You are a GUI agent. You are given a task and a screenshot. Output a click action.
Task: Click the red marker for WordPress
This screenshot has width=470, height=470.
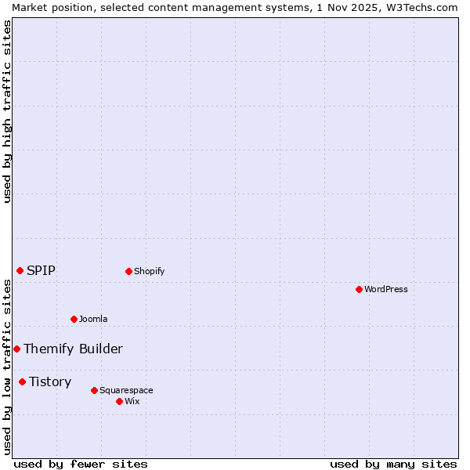pyautogui.click(x=359, y=289)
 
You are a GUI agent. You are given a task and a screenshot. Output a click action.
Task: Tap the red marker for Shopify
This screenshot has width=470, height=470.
pyautogui.click(x=128, y=271)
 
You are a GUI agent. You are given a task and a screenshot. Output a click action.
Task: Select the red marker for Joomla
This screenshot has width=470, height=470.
pyautogui.click(x=74, y=319)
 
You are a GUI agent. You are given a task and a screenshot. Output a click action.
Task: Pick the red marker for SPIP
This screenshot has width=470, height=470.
pyautogui.click(x=20, y=270)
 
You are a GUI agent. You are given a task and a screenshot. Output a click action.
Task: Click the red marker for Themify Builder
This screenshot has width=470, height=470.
pyautogui.click(x=16, y=349)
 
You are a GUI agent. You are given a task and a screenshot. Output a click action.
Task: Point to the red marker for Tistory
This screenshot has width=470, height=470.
pyautogui.click(x=22, y=381)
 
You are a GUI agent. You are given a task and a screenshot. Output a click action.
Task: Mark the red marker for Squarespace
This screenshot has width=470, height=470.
pyautogui.click(x=94, y=390)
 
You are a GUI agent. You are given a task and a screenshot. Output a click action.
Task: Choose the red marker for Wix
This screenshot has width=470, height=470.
pyautogui.click(x=119, y=401)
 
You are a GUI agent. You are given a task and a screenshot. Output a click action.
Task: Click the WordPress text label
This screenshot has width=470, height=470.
pyautogui.click(x=386, y=289)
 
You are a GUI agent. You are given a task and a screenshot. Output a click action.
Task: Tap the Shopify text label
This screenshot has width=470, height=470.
pyautogui.click(x=150, y=271)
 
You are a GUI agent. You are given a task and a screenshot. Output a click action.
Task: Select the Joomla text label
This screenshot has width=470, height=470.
pyautogui.click(x=93, y=319)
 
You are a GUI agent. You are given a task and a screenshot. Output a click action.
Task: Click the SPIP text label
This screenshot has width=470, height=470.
pyautogui.click(x=41, y=270)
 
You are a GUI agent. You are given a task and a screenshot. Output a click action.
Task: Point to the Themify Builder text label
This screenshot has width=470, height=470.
pyautogui.click(x=73, y=349)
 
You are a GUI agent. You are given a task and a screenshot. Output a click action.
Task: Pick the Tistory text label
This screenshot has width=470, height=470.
pyautogui.click(x=50, y=381)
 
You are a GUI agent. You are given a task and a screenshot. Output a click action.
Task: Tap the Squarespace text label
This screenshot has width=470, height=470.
pyautogui.click(x=126, y=390)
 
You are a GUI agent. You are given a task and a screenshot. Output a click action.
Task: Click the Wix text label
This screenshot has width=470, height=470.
pyautogui.click(x=132, y=401)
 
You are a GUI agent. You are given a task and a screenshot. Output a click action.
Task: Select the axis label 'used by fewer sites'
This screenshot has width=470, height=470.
pyautogui.click(x=81, y=464)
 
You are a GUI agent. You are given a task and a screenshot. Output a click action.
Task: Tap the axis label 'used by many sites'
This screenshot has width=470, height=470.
pyautogui.click(x=393, y=464)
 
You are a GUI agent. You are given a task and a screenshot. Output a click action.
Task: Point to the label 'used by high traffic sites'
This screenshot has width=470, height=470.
pyautogui.click(x=7, y=111)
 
